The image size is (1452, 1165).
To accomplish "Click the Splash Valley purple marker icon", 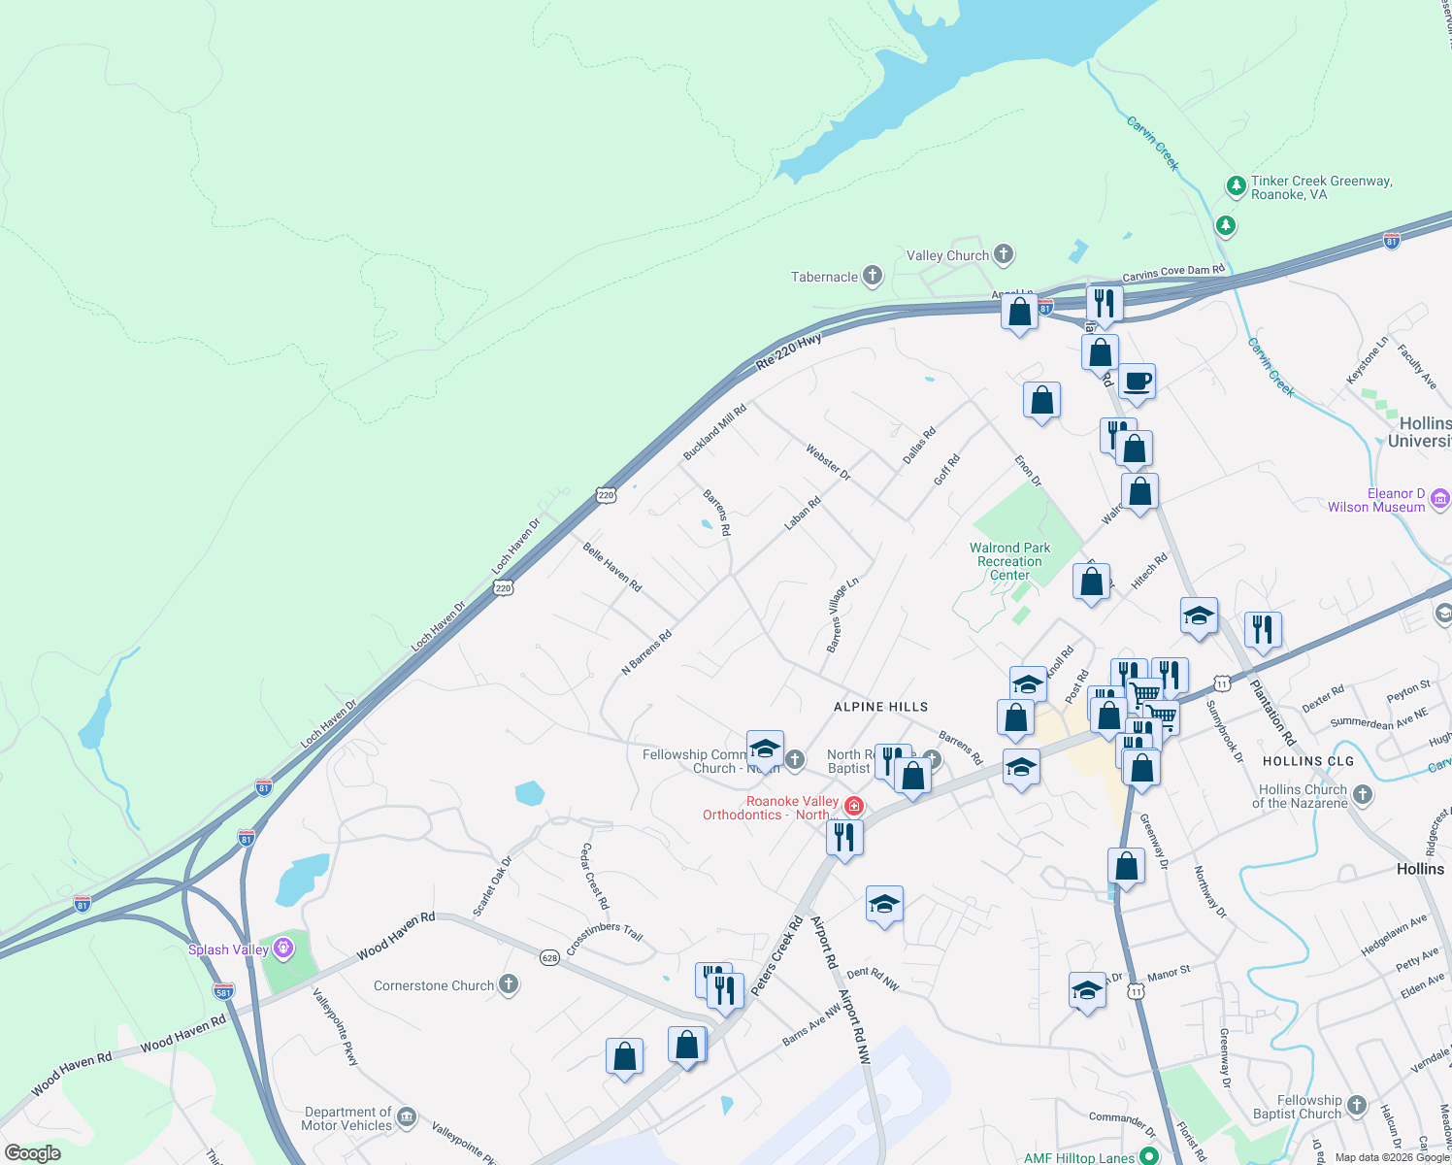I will [282, 948].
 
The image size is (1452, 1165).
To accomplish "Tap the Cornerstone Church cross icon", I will [509, 984].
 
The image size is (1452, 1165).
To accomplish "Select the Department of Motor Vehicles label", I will [347, 1118].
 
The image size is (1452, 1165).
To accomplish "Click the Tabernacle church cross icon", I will [873, 276].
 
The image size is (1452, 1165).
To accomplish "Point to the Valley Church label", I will [947, 255].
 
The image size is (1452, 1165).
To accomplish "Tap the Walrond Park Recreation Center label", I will [1009, 561].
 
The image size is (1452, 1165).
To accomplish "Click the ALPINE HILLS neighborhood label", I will [880, 707].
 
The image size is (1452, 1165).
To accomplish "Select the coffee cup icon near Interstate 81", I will [1137, 382].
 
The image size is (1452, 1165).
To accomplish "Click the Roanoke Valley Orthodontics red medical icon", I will [854, 806].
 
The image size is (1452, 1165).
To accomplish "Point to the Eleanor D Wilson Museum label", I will [1376, 500].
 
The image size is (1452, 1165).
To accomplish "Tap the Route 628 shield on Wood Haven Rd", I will [550, 958].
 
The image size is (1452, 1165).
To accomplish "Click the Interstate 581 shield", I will [222, 991].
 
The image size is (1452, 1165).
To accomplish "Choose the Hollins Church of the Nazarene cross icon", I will [1363, 795].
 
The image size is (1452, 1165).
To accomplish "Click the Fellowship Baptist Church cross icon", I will [1357, 1105].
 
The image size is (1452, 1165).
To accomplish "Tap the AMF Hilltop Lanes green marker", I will [1149, 1155].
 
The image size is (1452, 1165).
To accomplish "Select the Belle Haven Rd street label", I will [611, 567].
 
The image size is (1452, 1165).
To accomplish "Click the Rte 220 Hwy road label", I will [788, 350].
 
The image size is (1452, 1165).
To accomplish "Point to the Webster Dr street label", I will [827, 462].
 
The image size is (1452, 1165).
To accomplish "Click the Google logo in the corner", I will [33, 1153].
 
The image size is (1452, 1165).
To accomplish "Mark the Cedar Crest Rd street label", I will [594, 876].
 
